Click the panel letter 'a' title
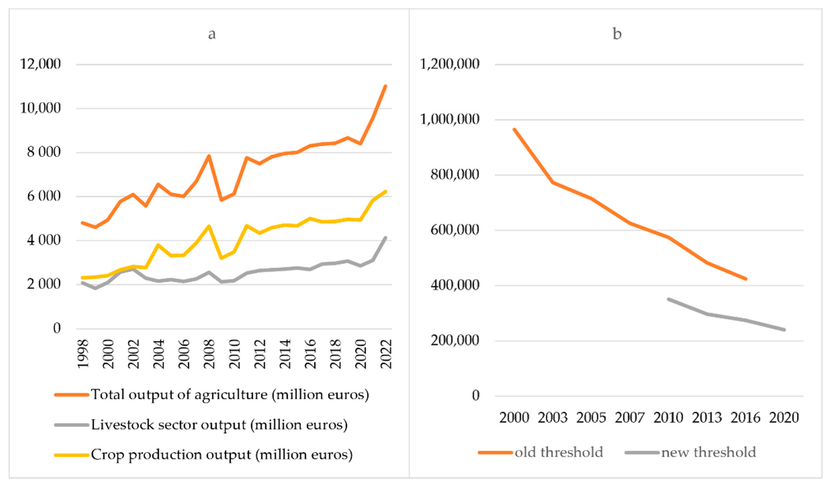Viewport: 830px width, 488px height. (212, 34)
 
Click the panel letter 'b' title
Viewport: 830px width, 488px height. (617, 34)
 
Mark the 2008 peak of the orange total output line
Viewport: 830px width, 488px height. (209, 156)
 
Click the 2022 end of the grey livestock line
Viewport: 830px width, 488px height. (386, 237)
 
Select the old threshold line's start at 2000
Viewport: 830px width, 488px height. (514, 129)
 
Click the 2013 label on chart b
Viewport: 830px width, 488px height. (707, 418)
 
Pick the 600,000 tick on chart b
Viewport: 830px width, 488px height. (455, 230)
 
